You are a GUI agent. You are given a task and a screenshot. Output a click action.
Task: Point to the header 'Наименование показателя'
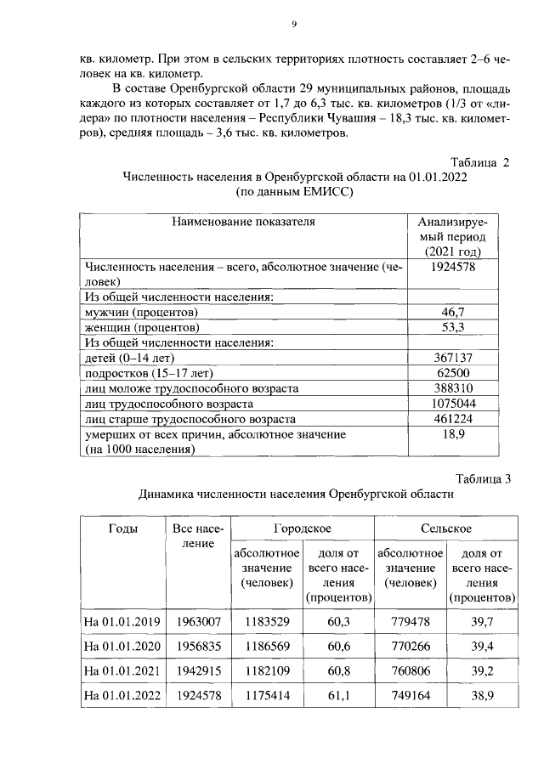tap(243, 222)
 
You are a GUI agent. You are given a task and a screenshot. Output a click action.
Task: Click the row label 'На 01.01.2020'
tap(122, 646)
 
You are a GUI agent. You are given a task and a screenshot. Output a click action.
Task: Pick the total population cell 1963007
tap(198, 621)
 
